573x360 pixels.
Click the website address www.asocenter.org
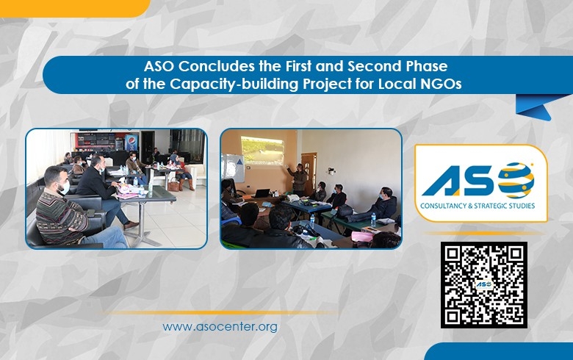click(x=220, y=326)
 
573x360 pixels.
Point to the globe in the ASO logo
click(x=515, y=180)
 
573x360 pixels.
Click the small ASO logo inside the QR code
click(x=483, y=284)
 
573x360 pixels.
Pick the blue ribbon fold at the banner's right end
click(x=533, y=107)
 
